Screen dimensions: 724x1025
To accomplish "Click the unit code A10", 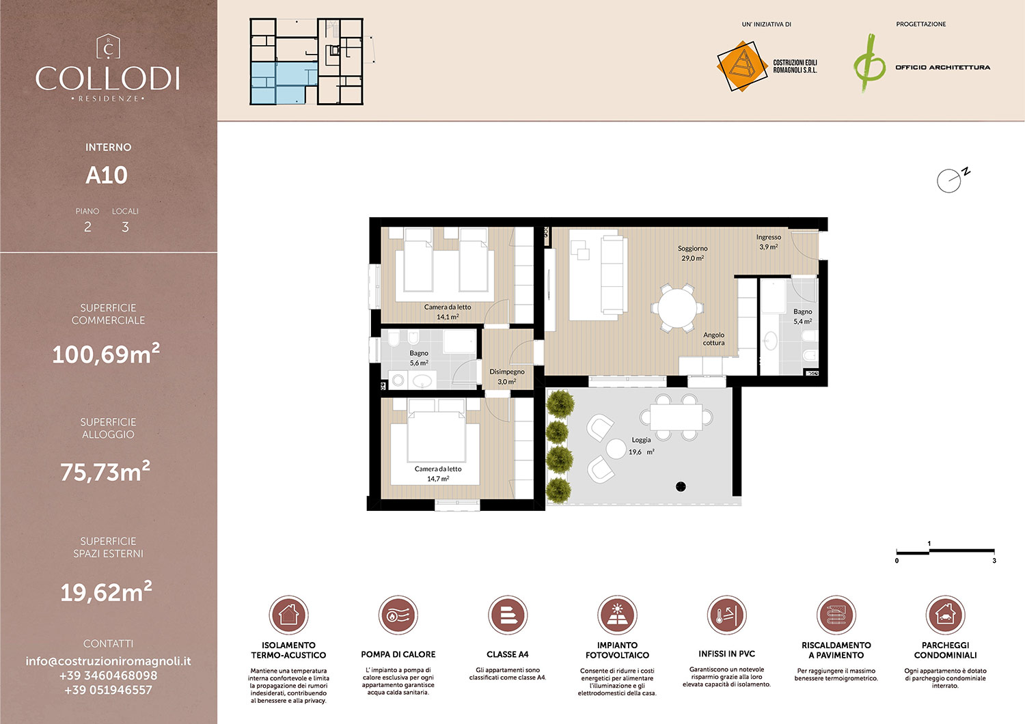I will click(x=107, y=176).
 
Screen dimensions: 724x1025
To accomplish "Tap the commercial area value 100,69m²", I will click(x=106, y=354).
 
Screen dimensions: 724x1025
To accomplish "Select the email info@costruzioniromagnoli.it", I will click(x=108, y=661).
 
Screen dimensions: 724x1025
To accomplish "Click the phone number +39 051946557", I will click(x=108, y=690).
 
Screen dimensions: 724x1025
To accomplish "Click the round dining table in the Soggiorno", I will click(x=676, y=307).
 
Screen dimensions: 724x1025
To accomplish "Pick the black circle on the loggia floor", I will click(x=681, y=486).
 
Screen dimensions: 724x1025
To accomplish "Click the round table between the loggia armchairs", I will click(x=616, y=449).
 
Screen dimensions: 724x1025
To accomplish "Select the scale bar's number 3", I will click(x=994, y=561).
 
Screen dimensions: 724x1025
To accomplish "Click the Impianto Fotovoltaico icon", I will click(x=617, y=615).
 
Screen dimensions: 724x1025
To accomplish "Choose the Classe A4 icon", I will click(x=507, y=615).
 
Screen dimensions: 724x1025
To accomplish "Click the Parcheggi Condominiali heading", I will click(x=945, y=650).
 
